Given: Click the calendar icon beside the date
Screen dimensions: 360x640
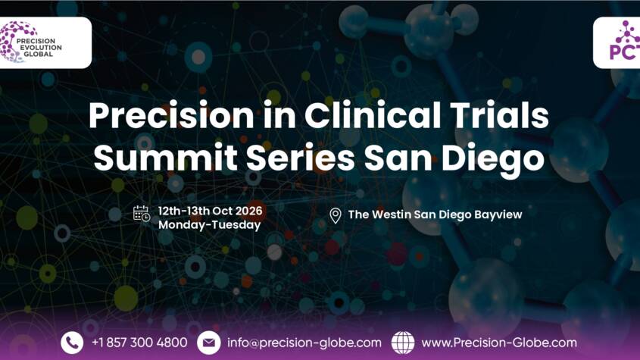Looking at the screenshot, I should [x=142, y=213].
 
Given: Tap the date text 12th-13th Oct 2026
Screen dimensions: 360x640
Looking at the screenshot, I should [x=209, y=207].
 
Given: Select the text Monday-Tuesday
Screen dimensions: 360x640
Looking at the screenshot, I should [x=209, y=224].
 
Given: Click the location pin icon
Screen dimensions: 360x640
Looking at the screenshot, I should [x=335, y=216].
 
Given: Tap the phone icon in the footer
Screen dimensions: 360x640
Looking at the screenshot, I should [x=72, y=343].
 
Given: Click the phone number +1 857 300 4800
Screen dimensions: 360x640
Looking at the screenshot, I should [x=139, y=343].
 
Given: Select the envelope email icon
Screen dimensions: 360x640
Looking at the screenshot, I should [x=208, y=343].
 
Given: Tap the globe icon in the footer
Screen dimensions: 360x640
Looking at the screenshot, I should [x=403, y=343].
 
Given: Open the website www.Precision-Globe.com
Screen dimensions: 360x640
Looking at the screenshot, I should [x=498, y=343].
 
